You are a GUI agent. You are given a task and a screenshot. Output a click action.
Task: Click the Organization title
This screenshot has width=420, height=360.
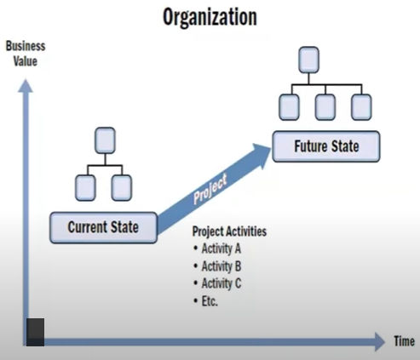tap(210, 18)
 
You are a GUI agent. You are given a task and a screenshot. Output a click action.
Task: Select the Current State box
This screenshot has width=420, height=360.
tap(103, 227)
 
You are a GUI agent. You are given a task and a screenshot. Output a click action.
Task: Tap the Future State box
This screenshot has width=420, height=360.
tap(326, 146)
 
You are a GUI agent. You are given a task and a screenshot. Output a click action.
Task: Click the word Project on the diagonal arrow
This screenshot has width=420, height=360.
tap(210, 188)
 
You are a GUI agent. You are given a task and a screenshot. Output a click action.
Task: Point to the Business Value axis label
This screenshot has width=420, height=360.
tap(26, 54)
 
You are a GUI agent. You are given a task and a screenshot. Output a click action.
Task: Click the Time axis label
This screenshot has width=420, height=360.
tap(404, 341)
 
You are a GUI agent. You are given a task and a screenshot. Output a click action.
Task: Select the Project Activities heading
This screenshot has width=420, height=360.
tap(229, 231)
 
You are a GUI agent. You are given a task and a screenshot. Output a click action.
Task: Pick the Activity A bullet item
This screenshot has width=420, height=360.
tap(217, 249)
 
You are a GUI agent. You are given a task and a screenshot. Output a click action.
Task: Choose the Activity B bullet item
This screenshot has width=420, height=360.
tap(217, 266)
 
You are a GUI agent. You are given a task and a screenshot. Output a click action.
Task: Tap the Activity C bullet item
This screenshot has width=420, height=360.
tap(217, 283)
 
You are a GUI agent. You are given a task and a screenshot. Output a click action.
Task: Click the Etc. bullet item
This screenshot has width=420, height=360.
tap(205, 301)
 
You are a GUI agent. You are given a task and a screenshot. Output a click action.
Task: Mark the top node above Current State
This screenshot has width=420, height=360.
tap(105, 140)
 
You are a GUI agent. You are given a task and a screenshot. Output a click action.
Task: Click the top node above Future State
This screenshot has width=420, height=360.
tap(309, 60)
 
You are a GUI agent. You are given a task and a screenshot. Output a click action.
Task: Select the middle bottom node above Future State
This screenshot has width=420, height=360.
tap(325, 107)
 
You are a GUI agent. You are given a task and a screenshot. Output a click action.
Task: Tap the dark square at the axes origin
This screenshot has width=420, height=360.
tap(35, 332)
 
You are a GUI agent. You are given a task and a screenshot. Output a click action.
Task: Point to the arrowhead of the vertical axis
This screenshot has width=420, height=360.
tap(26, 86)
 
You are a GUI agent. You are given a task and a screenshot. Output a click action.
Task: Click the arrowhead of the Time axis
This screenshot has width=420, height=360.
tap(380, 342)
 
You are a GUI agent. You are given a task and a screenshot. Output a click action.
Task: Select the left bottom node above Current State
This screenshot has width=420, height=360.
tap(85, 188)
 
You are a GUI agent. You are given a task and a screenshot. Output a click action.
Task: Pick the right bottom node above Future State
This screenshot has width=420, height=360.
tap(361, 107)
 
